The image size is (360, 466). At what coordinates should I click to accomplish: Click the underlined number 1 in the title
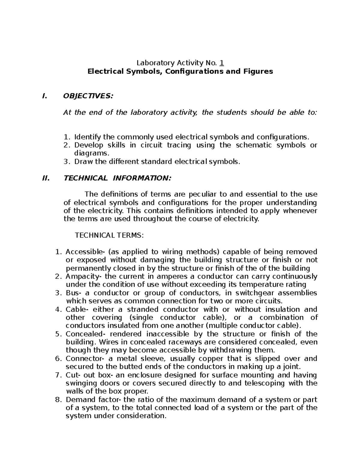(x=222, y=63)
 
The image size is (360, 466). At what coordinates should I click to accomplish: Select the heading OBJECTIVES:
(x=88, y=96)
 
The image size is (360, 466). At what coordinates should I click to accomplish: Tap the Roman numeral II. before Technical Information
(x=46, y=178)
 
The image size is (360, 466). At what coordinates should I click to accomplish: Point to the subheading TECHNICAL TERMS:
(x=109, y=235)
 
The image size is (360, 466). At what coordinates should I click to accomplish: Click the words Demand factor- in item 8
(x=94, y=400)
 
